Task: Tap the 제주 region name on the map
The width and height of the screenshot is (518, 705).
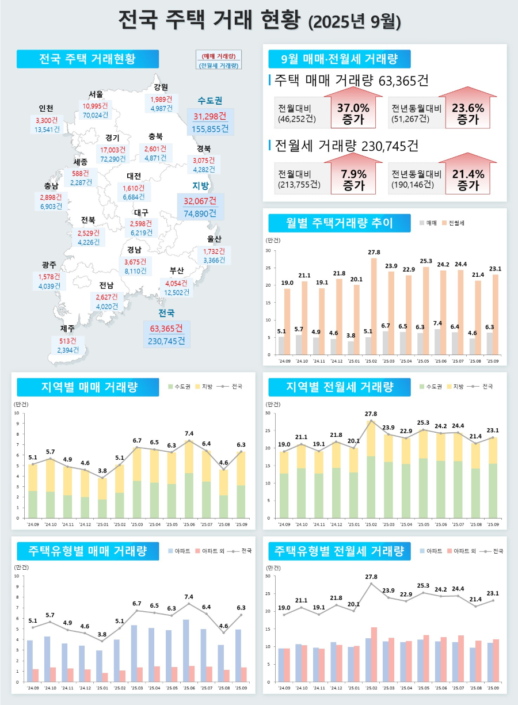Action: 67,329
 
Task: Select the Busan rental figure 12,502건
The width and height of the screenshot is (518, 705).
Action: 177,292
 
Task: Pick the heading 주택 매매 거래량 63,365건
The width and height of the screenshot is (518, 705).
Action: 351,80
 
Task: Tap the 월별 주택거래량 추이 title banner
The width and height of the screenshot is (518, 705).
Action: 340,223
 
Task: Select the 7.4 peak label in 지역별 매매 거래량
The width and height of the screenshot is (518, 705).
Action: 189,433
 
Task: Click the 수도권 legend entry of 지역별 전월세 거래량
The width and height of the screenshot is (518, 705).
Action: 433,387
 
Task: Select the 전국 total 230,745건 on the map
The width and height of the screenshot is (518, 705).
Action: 166,341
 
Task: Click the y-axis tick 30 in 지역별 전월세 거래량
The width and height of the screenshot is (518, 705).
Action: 268,413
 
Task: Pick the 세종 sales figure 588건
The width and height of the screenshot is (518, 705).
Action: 81,173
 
